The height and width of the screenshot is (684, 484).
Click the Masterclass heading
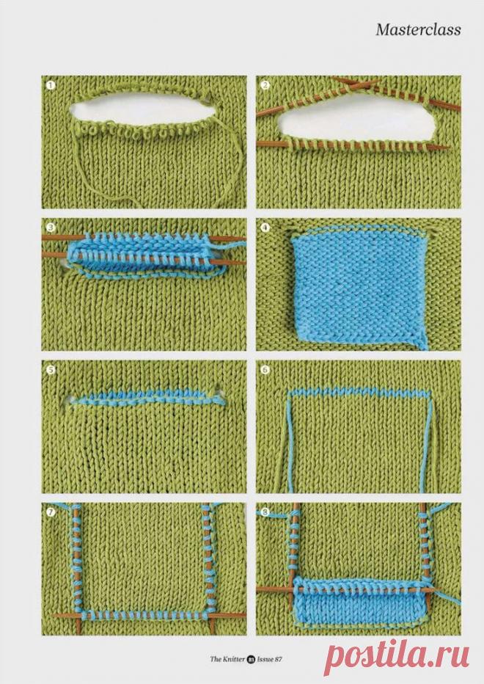418,29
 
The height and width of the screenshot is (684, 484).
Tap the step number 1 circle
51,85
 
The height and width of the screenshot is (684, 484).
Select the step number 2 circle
265,85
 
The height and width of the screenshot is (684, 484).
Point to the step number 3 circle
51,228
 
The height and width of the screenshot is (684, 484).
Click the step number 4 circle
265,228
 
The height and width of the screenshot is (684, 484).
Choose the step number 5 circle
51,370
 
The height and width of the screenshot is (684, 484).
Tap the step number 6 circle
265,370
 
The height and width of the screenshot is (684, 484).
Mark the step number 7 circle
51,512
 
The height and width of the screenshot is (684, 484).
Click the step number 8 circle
265,512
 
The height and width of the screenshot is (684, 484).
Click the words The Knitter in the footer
227,659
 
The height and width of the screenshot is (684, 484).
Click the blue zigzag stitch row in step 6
359,392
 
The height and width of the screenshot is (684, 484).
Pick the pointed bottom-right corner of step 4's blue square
425,348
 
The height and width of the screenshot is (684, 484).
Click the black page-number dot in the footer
251,659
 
